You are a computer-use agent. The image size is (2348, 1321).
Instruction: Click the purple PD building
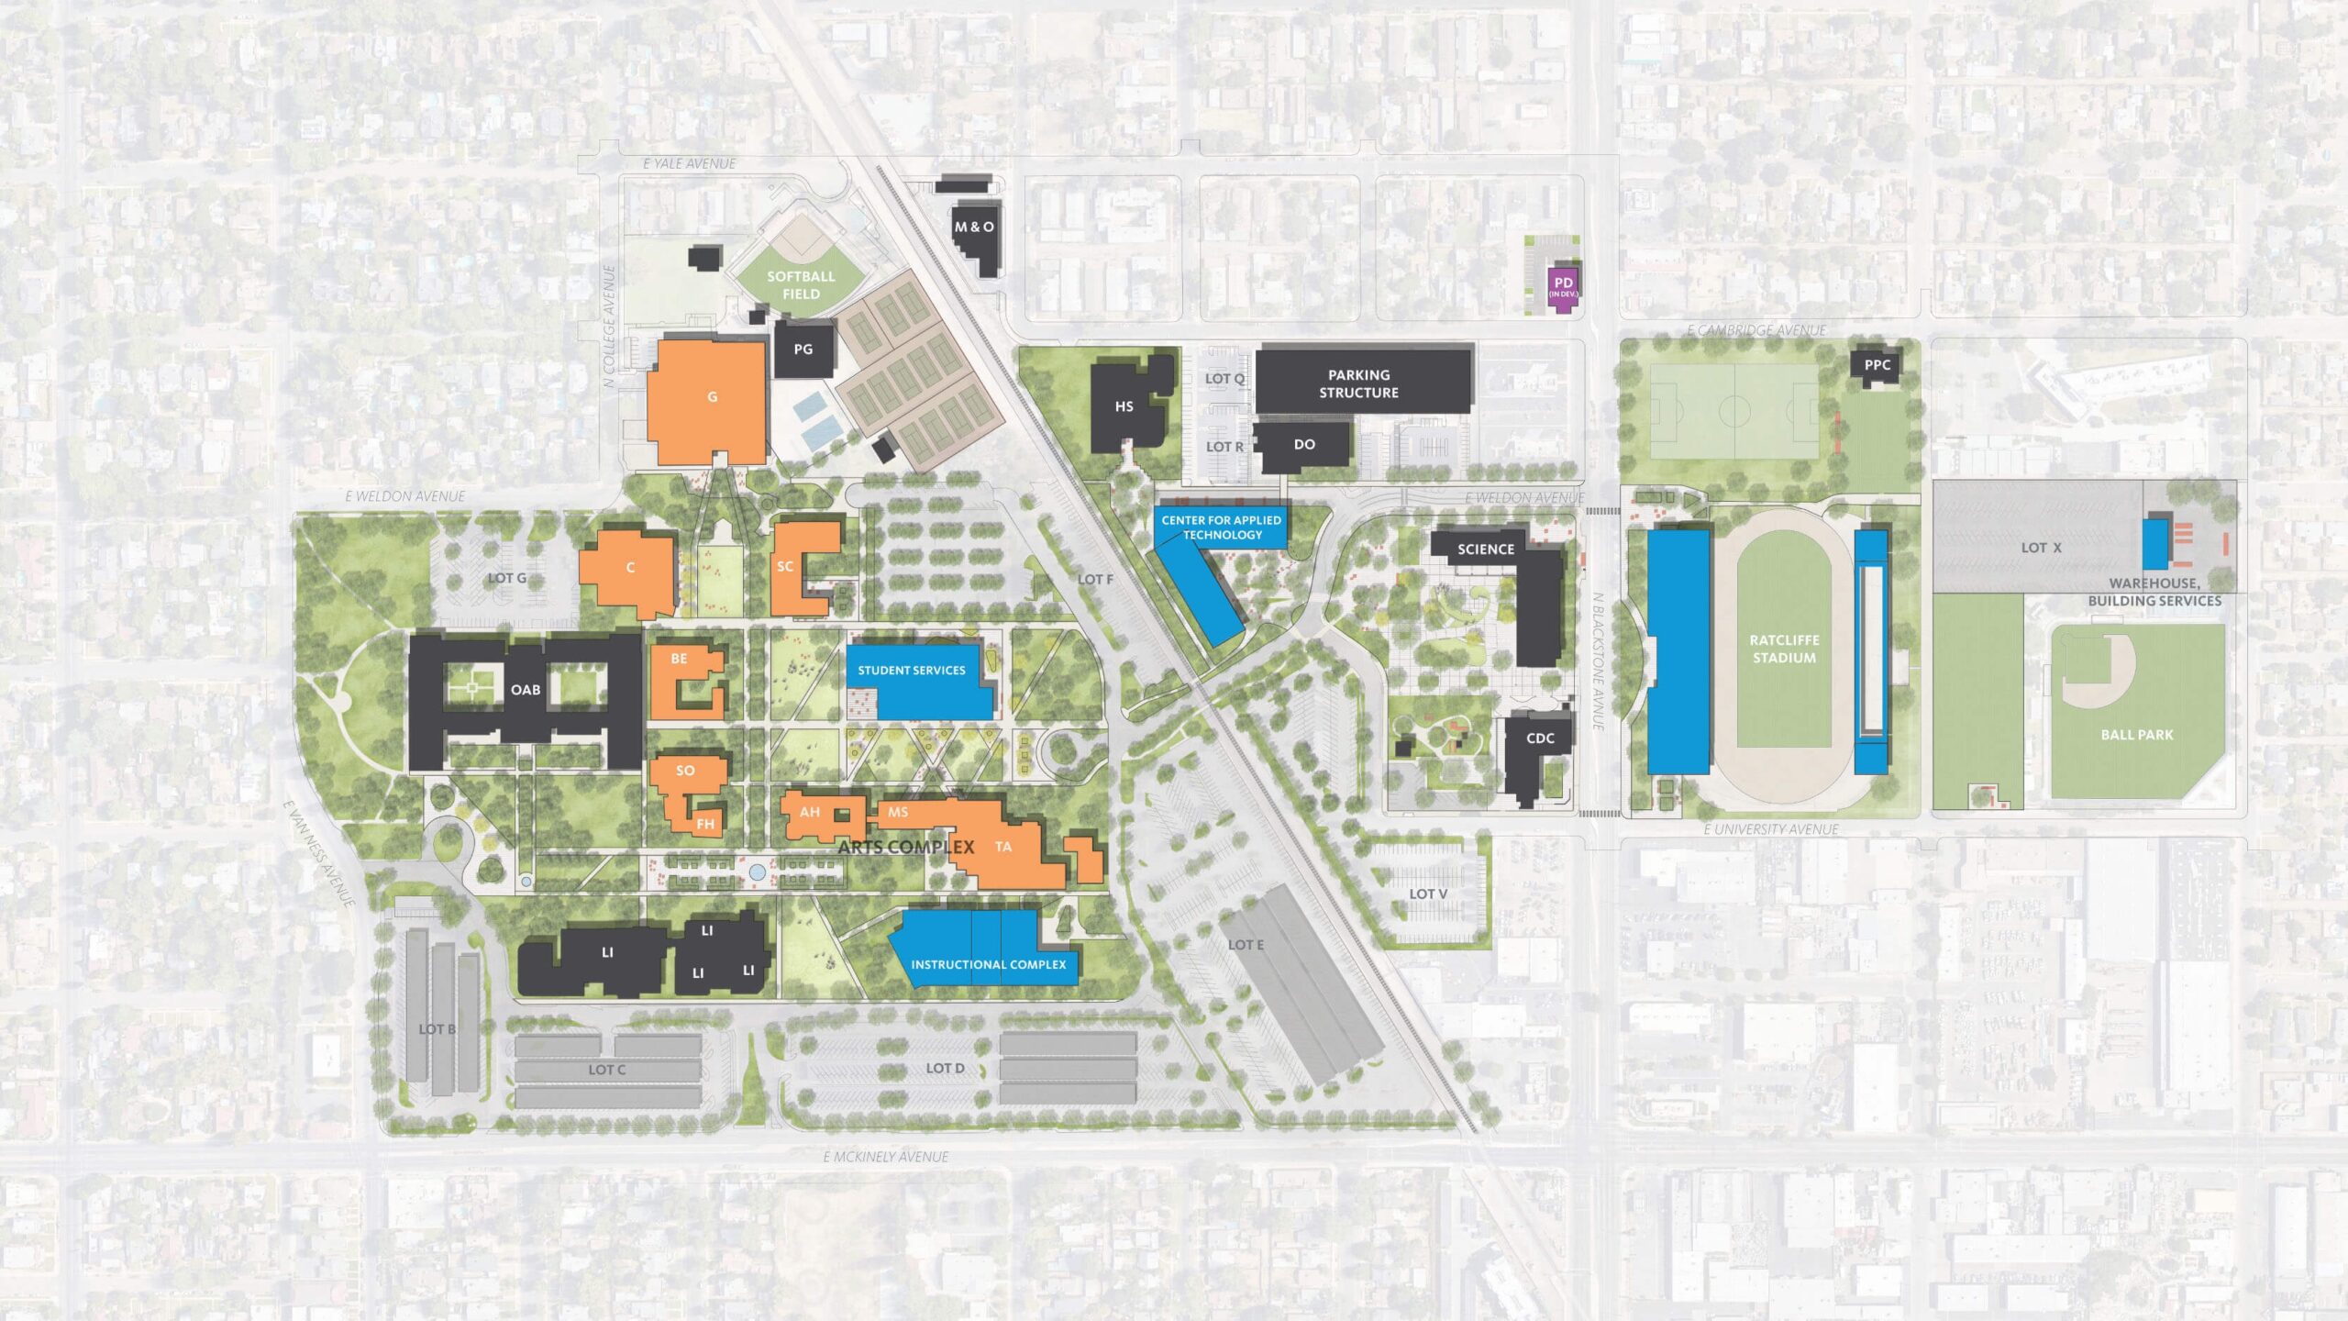1563,287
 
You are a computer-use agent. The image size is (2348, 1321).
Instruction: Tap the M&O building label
974,227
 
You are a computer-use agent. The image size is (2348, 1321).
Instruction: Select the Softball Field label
801,284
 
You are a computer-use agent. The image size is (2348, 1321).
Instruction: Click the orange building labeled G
711,397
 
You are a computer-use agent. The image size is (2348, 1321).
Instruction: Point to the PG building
803,349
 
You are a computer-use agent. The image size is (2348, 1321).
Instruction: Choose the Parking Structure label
1358,383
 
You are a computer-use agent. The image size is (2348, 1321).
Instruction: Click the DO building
1304,445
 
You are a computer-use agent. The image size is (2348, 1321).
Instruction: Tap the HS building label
1124,406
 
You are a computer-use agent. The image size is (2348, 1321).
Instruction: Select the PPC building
1877,365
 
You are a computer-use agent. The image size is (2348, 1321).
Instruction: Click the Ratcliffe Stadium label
1784,649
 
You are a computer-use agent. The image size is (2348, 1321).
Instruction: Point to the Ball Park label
2137,735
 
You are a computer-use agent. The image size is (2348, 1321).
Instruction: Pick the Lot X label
2041,548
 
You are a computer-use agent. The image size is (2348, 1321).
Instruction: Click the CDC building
1540,739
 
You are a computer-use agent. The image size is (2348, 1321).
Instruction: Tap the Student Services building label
912,671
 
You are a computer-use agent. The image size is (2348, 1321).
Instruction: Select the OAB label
526,690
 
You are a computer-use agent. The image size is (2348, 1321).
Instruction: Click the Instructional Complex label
988,965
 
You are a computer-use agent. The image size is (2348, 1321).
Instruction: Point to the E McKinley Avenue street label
886,1157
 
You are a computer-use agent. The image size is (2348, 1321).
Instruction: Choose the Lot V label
1428,894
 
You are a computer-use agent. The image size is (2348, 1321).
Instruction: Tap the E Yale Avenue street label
690,164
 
